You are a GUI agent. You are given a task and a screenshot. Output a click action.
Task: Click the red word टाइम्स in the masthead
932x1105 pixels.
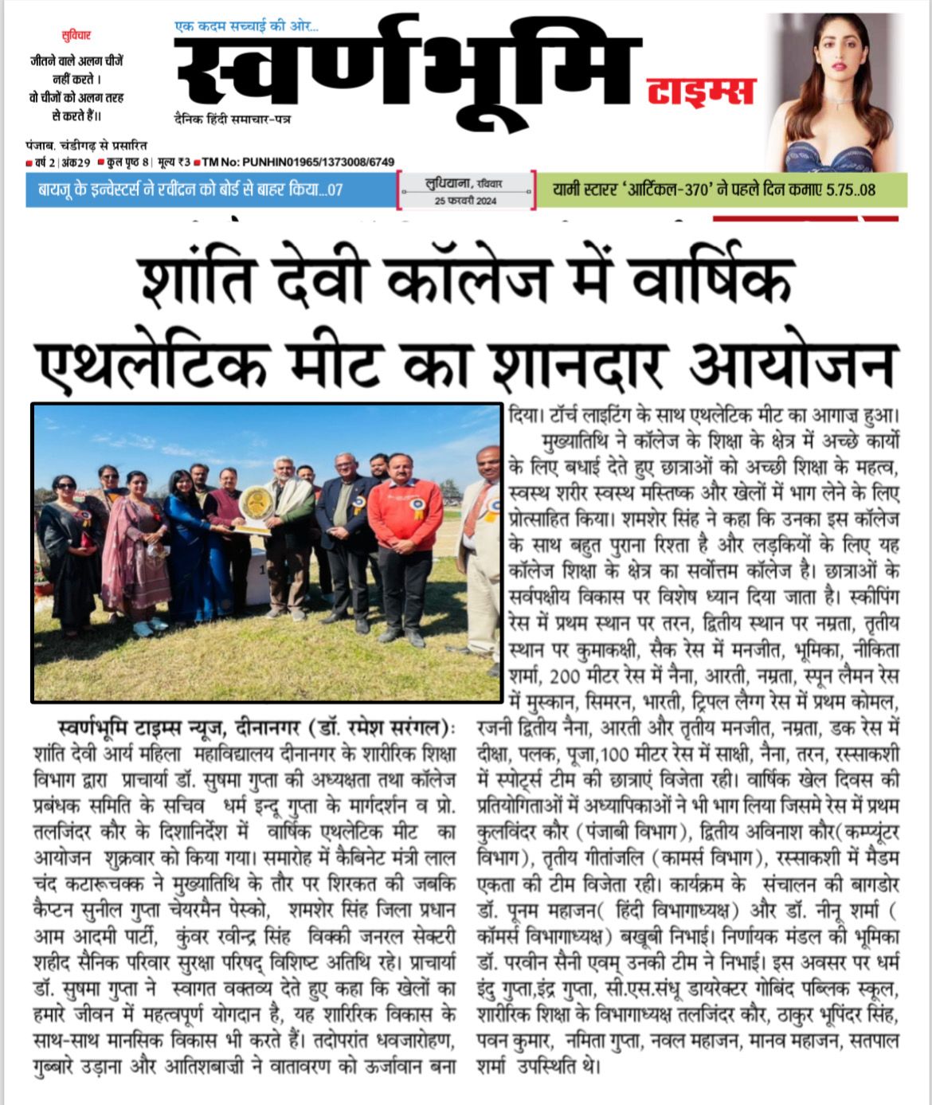tap(700, 92)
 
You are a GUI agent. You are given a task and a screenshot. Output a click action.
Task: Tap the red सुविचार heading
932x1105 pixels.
tap(76, 36)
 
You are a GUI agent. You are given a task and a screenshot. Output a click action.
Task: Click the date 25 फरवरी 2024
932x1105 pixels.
tap(465, 201)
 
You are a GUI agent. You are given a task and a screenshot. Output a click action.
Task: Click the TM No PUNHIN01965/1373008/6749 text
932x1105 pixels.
tap(298, 163)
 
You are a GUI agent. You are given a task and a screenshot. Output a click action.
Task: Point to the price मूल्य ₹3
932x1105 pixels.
tap(174, 163)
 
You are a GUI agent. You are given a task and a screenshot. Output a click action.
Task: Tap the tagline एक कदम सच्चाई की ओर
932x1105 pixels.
tap(246, 27)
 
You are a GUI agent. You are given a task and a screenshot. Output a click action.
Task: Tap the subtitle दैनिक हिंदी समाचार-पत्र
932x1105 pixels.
tap(233, 118)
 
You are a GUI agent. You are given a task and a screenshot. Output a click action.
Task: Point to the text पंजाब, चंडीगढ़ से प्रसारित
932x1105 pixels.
tap(86, 146)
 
